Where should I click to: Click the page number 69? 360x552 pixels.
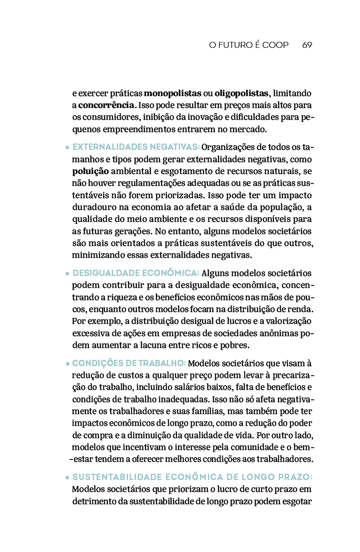[x=307, y=45]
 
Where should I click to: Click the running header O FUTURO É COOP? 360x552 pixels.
[x=249, y=45]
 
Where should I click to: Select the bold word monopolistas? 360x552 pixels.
[x=173, y=93]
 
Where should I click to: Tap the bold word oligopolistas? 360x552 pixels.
[x=241, y=93]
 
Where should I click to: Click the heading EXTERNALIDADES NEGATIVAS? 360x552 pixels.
[x=136, y=147]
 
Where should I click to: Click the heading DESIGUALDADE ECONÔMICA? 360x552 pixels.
[x=136, y=273]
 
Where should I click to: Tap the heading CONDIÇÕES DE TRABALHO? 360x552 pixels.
[x=129, y=363]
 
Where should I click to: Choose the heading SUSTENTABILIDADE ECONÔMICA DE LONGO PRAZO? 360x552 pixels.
[x=192, y=477]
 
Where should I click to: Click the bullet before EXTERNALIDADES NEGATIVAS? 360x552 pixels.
[x=67, y=148]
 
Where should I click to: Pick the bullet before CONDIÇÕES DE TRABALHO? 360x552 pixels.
[x=67, y=364]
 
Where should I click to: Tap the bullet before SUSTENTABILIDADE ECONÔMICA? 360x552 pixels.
[x=67, y=477]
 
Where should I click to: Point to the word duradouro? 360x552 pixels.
[x=92, y=207]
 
